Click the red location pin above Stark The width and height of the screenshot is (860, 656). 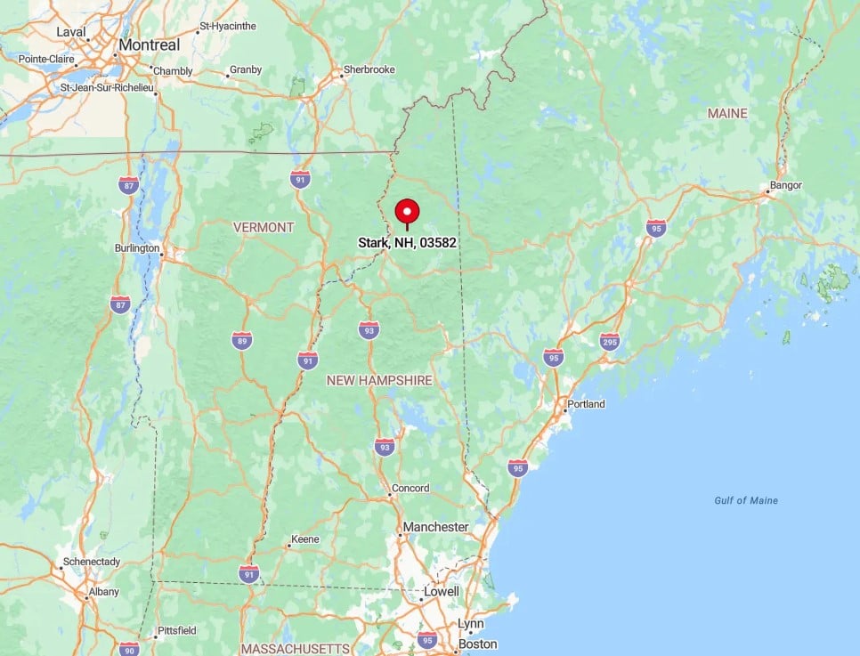tap(407, 212)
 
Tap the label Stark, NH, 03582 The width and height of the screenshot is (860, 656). tap(408, 242)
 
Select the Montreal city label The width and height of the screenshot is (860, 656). tap(149, 45)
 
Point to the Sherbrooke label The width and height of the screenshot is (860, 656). tap(369, 69)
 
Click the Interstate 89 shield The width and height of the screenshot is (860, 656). tap(241, 339)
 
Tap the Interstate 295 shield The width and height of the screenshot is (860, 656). tap(610, 341)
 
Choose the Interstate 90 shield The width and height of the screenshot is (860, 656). tap(129, 648)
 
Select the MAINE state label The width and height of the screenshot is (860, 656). tap(727, 114)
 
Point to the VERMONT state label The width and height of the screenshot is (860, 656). tap(264, 227)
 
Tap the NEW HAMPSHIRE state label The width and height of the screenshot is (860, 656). tap(379, 380)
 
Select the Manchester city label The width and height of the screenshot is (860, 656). tap(435, 527)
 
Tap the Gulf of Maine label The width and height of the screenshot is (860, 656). tap(746, 500)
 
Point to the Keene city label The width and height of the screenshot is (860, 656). tap(306, 539)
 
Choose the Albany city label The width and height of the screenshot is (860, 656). tap(103, 592)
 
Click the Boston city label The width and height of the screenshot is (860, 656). tap(477, 644)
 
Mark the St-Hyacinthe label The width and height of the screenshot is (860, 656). tap(229, 27)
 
